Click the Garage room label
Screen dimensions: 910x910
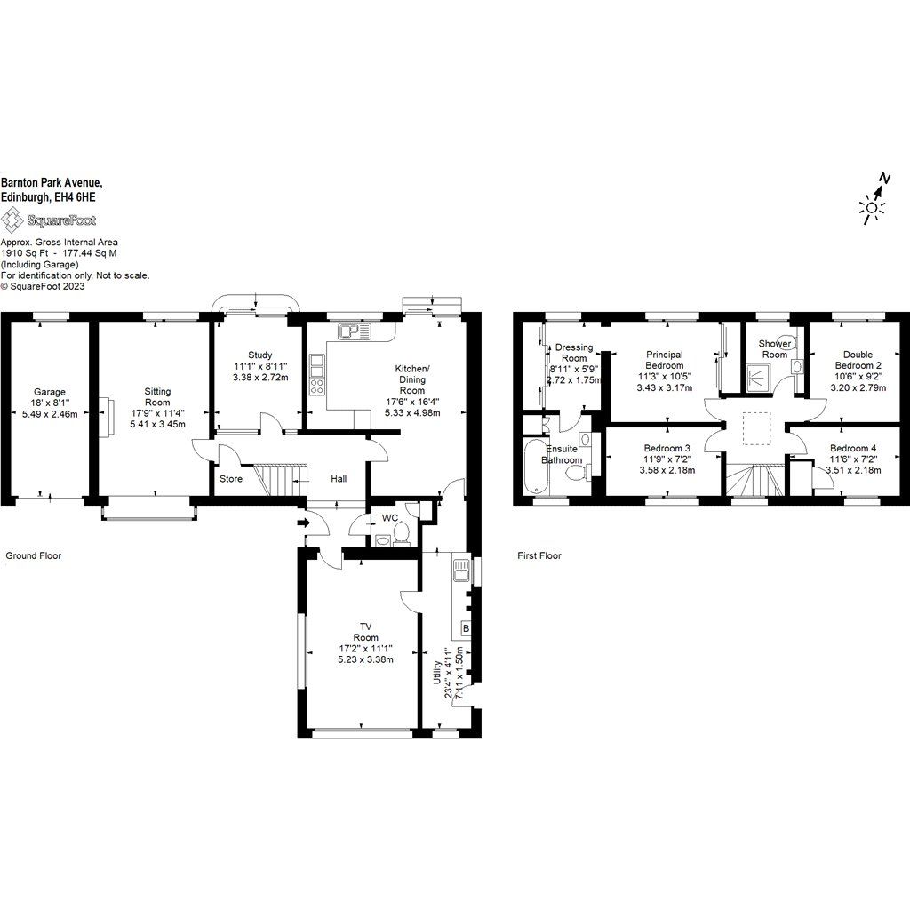(50, 392)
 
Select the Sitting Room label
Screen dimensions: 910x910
(156, 396)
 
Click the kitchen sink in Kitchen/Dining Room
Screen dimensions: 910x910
(353, 331)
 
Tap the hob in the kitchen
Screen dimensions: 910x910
(317, 386)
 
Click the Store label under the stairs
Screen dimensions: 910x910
(231, 479)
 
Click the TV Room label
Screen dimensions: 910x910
(365, 632)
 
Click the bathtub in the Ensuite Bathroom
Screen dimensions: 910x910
(534, 466)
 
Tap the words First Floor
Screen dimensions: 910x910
(539, 555)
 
